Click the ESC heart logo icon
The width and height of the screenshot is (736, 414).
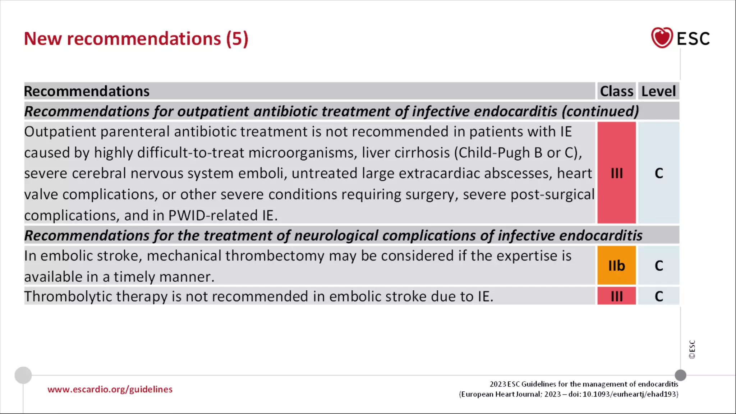click(662, 38)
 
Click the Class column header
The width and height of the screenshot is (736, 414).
click(616, 91)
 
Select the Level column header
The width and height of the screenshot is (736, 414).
click(658, 91)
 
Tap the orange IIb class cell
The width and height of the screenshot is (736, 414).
click(616, 266)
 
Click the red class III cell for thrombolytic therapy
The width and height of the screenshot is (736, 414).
click(616, 296)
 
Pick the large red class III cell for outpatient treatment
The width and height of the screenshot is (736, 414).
click(616, 173)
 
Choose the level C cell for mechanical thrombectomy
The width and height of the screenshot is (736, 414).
click(658, 266)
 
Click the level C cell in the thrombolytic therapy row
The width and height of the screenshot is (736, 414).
click(658, 296)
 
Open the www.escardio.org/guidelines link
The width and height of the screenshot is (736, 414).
click(110, 389)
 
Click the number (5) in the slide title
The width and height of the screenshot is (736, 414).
click(237, 39)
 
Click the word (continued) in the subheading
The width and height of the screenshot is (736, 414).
click(600, 111)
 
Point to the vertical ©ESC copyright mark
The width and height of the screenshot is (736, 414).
click(692, 349)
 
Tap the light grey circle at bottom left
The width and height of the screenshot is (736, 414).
click(23, 375)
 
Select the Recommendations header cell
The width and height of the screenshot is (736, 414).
click(87, 91)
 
